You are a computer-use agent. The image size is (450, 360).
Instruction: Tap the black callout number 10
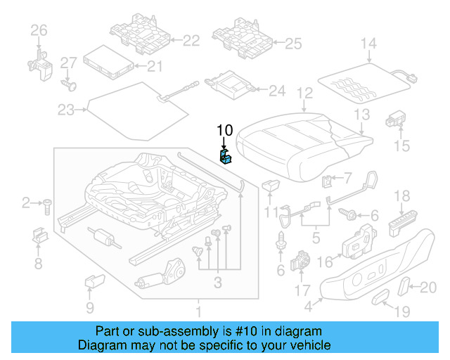(224, 130)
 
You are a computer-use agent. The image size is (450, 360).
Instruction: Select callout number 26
(38, 30)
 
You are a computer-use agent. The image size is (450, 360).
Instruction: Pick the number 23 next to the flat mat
(65, 110)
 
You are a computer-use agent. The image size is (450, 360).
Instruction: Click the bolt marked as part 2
(46, 205)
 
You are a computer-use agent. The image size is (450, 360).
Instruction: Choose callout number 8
(38, 264)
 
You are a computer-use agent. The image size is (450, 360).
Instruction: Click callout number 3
(218, 283)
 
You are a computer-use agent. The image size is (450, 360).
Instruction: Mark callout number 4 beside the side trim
(308, 306)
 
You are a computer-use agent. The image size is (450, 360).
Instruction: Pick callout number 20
(427, 286)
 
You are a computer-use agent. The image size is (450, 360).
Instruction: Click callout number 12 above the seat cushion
(304, 92)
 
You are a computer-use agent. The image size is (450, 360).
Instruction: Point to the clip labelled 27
(68, 84)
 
